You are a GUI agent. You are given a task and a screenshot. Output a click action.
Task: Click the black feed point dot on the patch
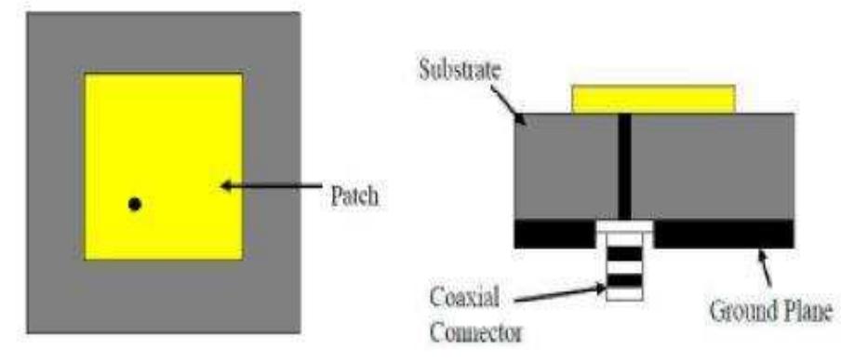click(x=135, y=203)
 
